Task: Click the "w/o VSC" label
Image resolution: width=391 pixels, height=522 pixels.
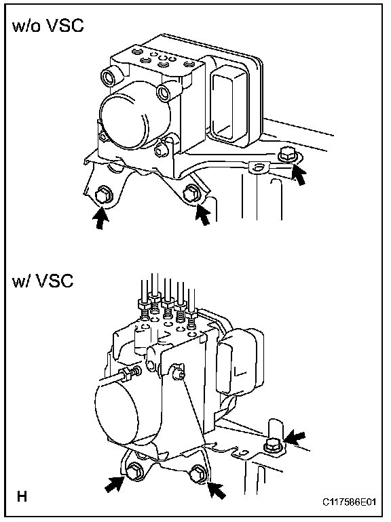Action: click(x=48, y=26)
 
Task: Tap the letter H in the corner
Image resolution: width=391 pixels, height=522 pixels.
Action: click(x=22, y=497)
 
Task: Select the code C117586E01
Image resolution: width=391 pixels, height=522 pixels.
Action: click(x=349, y=502)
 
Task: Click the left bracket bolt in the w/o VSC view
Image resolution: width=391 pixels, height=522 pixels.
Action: click(x=102, y=197)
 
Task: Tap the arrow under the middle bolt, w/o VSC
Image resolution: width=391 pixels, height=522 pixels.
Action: click(x=203, y=215)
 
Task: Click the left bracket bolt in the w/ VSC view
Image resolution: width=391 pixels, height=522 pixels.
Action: click(x=134, y=470)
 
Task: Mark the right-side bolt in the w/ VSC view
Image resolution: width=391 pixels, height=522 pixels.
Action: click(x=272, y=445)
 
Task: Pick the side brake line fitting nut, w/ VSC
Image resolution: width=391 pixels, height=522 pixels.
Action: click(x=127, y=374)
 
